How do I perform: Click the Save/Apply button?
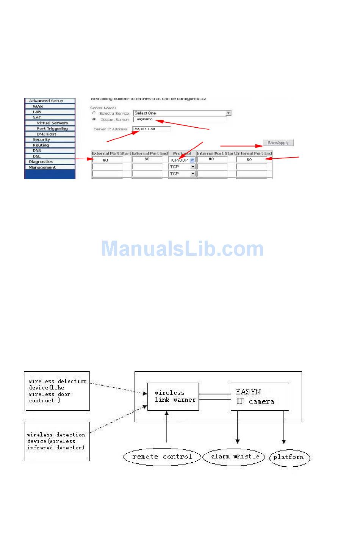pyautogui.click(x=278, y=143)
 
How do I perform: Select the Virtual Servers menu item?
pyautogui.click(x=52, y=123)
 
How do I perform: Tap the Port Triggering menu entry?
pyautogui.click(x=52, y=129)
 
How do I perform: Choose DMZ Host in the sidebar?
pyautogui.click(x=46, y=134)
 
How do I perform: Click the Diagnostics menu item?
pyautogui.click(x=41, y=162)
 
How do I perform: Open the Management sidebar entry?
pyautogui.click(x=42, y=167)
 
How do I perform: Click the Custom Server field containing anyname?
pyautogui.click(x=180, y=119)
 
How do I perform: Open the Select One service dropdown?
pyautogui.click(x=182, y=113)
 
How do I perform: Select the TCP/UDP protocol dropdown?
pyautogui.click(x=182, y=160)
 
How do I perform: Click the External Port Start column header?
pyautogui.click(x=111, y=153)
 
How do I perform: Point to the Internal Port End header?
pyautogui.click(x=254, y=153)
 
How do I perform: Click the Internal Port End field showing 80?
pyautogui.click(x=252, y=160)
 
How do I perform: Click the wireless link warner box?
pyautogui.click(x=173, y=397)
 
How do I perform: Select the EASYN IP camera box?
pyautogui.click(x=260, y=397)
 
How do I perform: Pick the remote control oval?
pyautogui.click(x=162, y=457)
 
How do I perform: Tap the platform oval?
pyautogui.click(x=289, y=457)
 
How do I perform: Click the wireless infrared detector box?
pyautogui.click(x=57, y=441)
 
